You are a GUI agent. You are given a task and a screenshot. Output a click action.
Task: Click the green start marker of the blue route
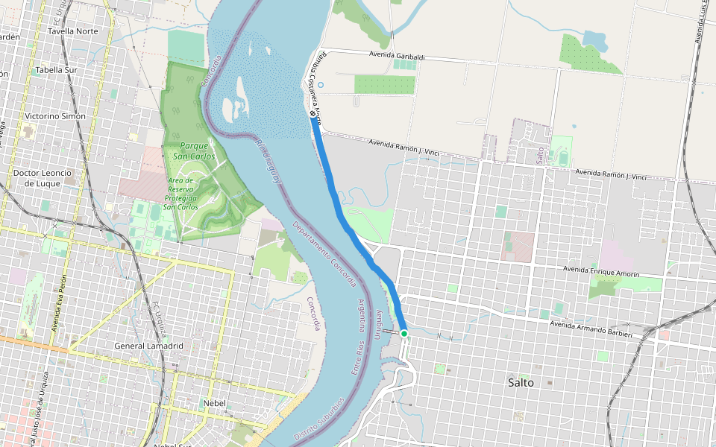[x=403, y=334]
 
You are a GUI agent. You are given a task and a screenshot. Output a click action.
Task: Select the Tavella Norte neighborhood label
[x=72, y=31]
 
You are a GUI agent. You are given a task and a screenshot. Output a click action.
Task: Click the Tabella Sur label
[x=56, y=70]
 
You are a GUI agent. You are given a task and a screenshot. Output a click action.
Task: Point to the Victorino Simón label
[x=54, y=116]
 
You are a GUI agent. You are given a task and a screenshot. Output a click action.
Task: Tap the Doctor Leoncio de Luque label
[x=43, y=177]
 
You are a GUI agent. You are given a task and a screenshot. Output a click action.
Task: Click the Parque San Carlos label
[x=194, y=151]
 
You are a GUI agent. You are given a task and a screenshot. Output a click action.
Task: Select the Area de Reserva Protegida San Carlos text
[x=180, y=194]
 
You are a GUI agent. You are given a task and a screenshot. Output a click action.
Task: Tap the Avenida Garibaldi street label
[x=397, y=55]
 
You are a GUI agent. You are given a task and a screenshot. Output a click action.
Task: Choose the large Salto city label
[x=520, y=382]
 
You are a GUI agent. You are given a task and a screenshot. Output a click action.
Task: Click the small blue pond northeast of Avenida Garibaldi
[x=594, y=39]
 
